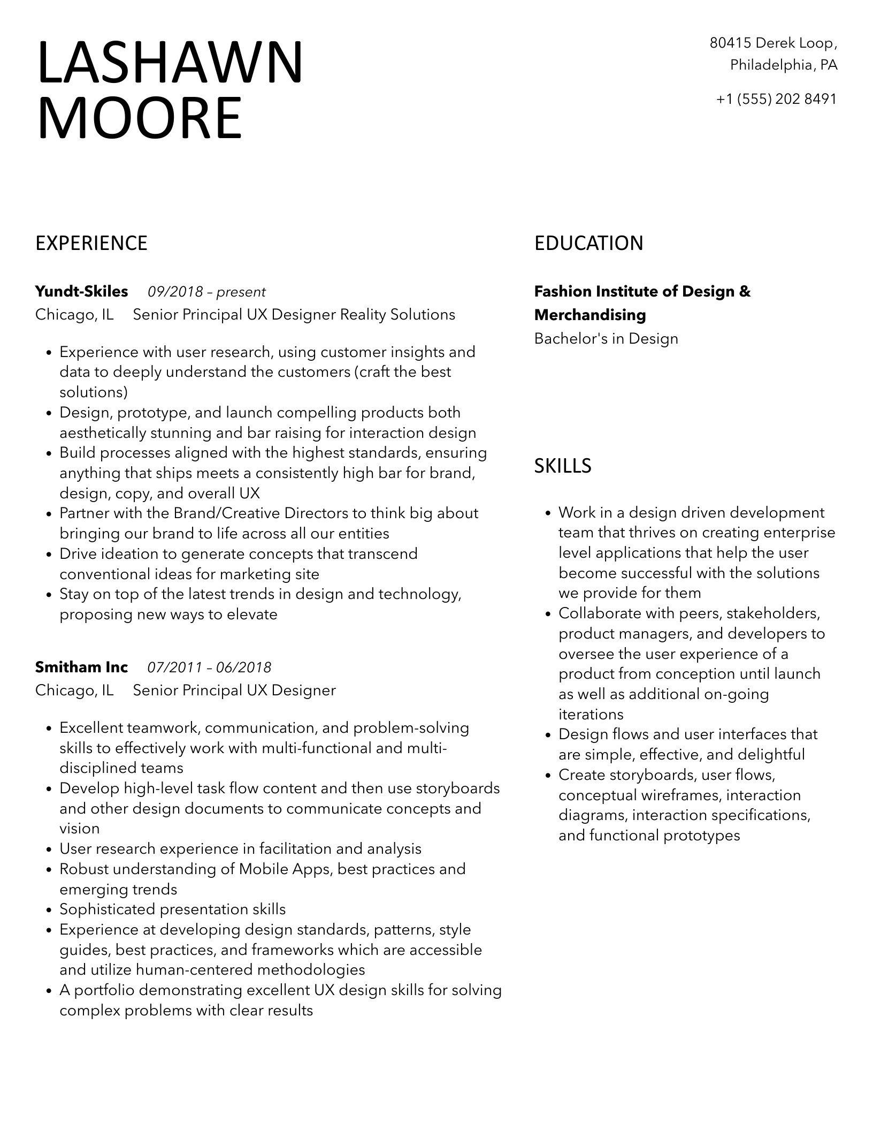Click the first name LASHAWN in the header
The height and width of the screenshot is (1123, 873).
pyautogui.click(x=170, y=63)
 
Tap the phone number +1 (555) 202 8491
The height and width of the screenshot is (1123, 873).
pyautogui.click(x=776, y=99)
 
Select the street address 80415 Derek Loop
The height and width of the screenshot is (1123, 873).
pyautogui.click(x=773, y=43)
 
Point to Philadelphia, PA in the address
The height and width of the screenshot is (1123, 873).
pyautogui.click(x=784, y=65)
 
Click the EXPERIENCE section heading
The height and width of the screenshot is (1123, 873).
pyautogui.click(x=91, y=243)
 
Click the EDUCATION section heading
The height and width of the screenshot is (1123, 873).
pyautogui.click(x=588, y=243)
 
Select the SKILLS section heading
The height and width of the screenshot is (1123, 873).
pyautogui.click(x=563, y=466)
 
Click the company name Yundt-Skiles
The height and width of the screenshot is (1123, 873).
pyautogui.click(x=81, y=292)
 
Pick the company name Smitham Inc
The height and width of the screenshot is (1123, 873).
pyautogui.click(x=81, y=667)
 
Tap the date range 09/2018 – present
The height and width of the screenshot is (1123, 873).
pyautogui.click(x=206, y=292)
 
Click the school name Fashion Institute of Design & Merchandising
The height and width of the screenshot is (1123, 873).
pyautogui.click(x=642, y=303)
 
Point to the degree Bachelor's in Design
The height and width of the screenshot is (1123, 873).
pyautogui.click(x=606, y=339)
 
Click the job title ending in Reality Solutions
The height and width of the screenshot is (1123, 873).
pyautogui.click(x=294, y=315)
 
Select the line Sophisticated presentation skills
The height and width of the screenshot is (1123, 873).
pyautogui.click(x=172, y=909)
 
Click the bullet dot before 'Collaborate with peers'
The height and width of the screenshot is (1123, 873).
pyautogui.click(x=548, y=614)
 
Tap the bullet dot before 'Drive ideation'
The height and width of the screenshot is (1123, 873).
pyautogui.click(x=49, y=555)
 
